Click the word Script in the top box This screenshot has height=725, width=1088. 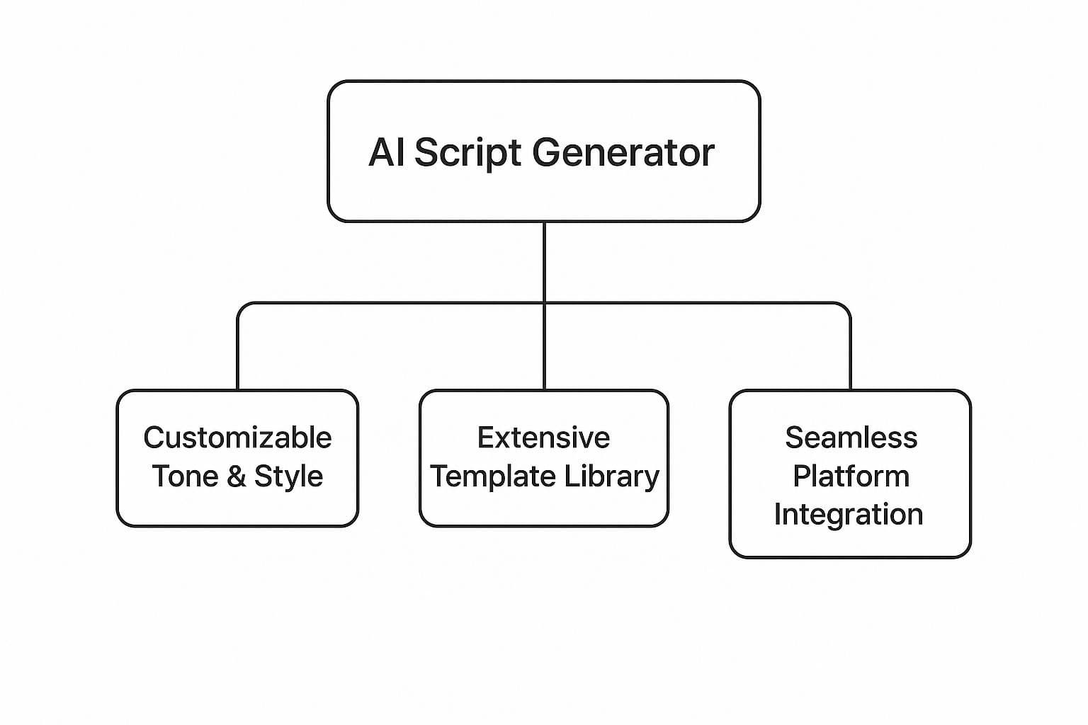tap(467, 153)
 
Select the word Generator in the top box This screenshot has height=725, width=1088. tap(623, 153)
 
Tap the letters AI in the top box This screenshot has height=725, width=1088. tap(386, 153)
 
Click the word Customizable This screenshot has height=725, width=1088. tap(237, 438)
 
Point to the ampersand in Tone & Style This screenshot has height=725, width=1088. tap(236, 476)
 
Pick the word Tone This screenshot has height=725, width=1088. tap(185, 476)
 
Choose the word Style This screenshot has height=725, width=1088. tap(288, 476)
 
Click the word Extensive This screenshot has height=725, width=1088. tap(543, 438)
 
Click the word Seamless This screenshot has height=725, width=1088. tap(851, 438)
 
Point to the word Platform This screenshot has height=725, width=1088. tap(851, 476)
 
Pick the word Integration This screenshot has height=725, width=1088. tap(849, 514)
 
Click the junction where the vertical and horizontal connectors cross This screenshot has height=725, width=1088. tap(544, 303)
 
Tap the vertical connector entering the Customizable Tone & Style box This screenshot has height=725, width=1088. tap(237, 354)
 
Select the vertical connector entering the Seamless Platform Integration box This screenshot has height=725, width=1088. tap(850, 354)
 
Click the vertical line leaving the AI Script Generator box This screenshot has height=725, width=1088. tap(544, 262)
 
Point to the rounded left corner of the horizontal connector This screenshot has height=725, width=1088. tap(242, 307)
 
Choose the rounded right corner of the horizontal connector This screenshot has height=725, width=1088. tap(846, 307)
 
